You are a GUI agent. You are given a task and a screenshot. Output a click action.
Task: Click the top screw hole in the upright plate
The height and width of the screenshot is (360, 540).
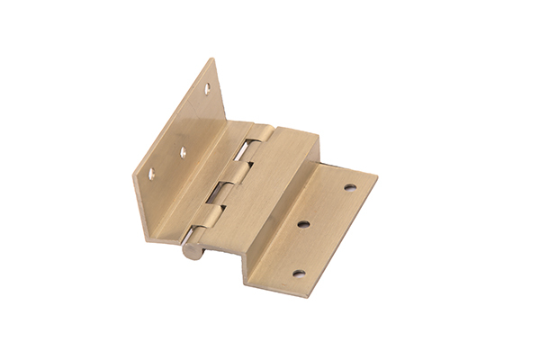pyautogui.click(x=206, y=89)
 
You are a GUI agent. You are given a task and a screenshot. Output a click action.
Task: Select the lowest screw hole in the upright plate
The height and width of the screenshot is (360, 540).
pyautogui.click(x=151, y=173)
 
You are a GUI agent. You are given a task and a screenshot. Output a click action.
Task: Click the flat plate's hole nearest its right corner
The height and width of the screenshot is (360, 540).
pyautogui.click(x=349, y=188)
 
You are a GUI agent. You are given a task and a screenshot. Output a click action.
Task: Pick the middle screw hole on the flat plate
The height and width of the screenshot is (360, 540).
pyautogui.click(x=303, y=224)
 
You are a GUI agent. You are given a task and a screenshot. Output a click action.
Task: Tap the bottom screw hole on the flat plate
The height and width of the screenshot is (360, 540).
pyautogui.click(x=299, y=273)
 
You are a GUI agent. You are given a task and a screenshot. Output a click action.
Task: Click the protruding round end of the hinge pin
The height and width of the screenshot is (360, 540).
pyautogui.click(x=192, y=249)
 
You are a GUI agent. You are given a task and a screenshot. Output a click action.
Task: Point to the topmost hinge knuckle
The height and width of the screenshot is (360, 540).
pyautogui.click(x=256, y=138)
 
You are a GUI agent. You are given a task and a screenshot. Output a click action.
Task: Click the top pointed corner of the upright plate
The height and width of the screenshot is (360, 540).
pyautogui.click(x=214, y=59)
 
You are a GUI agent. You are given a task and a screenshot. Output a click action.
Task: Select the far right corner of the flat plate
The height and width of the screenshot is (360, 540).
pyautogui.click(x=377, y=176)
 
